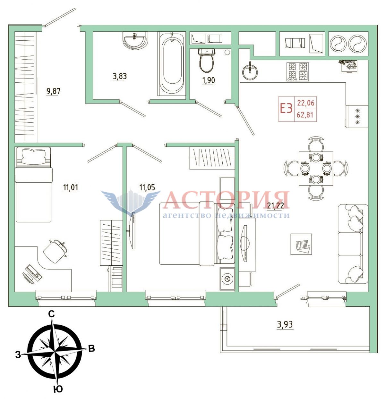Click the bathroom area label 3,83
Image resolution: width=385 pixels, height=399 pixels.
coord(120,76)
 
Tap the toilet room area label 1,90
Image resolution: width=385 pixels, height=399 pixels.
coord(209,80)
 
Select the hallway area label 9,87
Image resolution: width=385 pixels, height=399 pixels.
coord(54,91)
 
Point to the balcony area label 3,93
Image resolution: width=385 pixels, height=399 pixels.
coord(285,325)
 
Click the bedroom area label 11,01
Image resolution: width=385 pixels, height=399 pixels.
coord(70,187)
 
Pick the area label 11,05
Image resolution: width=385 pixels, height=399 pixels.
coord(147,187)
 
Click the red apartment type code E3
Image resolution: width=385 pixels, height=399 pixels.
coord(286,109)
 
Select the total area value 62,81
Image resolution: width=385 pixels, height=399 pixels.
coord(305,115)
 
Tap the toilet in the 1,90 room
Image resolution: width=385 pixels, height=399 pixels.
coord(206,61)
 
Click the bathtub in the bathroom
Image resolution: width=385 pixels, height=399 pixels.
coord(172,63)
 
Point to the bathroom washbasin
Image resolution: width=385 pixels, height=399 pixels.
coord(135,41)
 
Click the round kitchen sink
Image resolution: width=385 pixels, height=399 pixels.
coord(250,72)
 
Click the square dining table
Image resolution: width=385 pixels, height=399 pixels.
coord(316,168)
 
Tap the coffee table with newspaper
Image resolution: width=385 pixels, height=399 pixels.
coord(301,244)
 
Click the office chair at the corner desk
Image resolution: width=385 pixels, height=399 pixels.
coord(55,251)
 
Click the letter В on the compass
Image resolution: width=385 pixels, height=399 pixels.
coord(91,348)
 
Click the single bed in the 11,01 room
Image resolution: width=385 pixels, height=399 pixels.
coord(33,184)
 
